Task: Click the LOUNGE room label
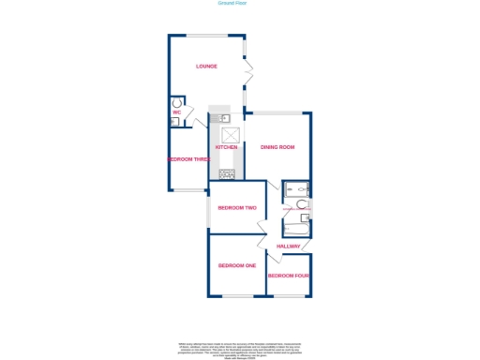[206, 67]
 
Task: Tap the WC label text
[175, 113]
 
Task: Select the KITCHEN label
[226, 147]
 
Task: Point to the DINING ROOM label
[277, 147]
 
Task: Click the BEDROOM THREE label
[187, 159]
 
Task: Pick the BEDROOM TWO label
[236, 207]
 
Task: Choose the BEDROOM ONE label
[236, 265]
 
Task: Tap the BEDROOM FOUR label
[288, 276]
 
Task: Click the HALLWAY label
[289, 247]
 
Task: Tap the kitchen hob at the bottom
[226, 173]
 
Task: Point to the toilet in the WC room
[175, 103]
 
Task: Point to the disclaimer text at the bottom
[239, 350]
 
